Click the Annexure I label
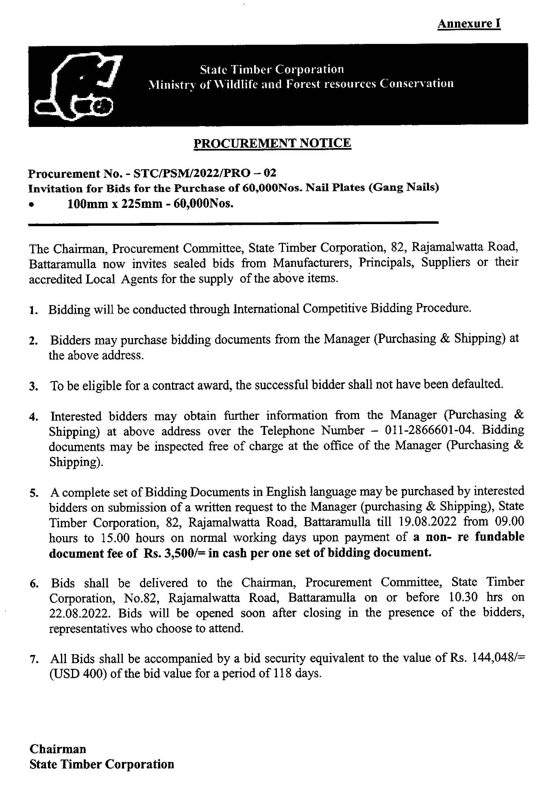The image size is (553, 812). coord(469,24)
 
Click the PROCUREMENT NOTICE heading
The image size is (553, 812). coord(272,143)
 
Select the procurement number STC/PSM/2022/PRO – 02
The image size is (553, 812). coord(205,173)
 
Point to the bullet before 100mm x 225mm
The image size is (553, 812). coord(31,206)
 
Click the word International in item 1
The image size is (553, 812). coord(266,309)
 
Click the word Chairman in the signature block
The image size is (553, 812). coord(58,749)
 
